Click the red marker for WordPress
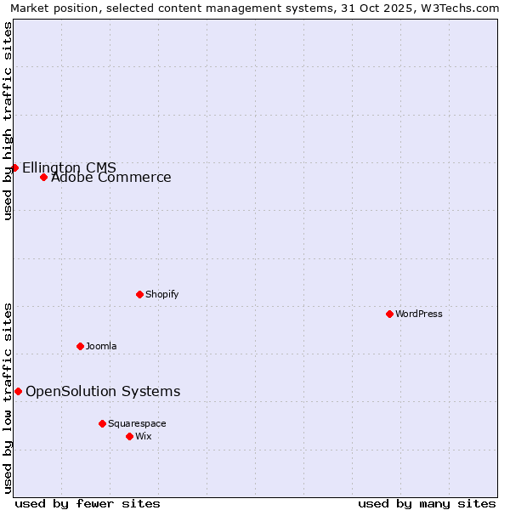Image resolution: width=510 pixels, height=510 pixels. (389, 314)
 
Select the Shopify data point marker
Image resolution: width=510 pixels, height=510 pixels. (139, 294)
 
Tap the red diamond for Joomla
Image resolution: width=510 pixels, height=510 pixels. (80, 346)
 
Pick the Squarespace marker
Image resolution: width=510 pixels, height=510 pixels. (102, 423)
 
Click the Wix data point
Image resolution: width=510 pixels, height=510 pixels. (129, 436)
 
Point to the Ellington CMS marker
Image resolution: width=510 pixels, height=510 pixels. (14, 167)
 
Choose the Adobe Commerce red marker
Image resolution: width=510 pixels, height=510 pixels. (43, 177)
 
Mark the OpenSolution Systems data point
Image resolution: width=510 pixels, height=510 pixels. (18, 391)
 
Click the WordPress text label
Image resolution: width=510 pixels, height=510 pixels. (419, 314)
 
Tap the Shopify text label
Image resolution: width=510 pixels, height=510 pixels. (161, 294)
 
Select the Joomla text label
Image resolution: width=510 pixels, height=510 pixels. (101, 346)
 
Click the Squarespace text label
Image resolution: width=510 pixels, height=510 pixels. (137, 423)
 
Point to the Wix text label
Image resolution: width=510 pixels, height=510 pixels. (143, 436)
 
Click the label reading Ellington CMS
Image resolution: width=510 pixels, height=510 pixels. (69, 167)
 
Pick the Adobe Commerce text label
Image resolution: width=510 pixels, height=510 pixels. (110, 178)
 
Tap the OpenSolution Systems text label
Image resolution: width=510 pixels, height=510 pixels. (103, 391)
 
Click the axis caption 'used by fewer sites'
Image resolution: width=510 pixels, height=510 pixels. (88, 503)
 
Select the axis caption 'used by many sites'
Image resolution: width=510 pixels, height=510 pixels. (427, 503)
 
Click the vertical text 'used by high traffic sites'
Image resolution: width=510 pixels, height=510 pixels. (8, 121)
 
